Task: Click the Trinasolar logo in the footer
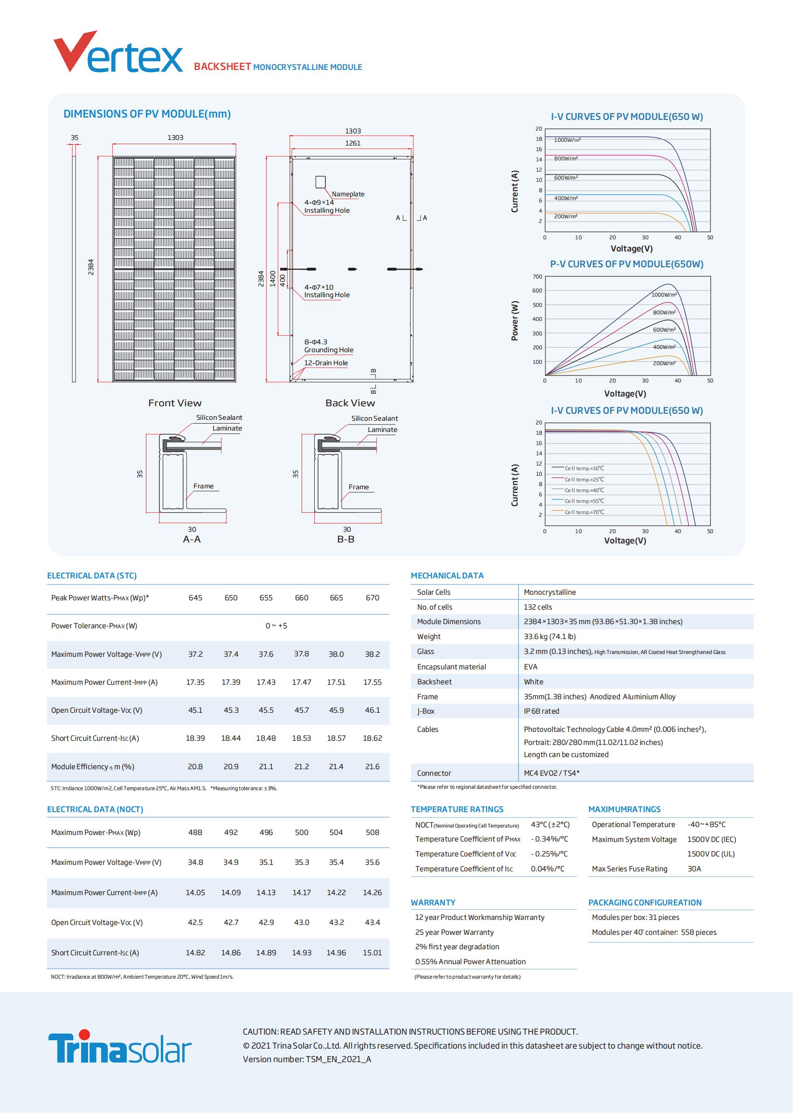coord(119,1048)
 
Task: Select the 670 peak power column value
coord(372,598)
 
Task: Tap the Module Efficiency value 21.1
coord(266,766)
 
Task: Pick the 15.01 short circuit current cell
coord(372,953)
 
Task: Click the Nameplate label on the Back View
coord(348,194)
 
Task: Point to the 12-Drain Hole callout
coord(326,363)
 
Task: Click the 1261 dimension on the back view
coord(352,143)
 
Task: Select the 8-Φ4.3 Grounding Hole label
coord(328,346)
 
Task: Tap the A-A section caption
coord(192,539)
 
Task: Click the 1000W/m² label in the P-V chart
coord(664,295)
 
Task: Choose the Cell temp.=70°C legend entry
coord(584,512)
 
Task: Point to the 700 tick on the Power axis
coord(537,277)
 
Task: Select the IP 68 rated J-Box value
coord(541,711)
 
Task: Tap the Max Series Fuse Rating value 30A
coord(694,869)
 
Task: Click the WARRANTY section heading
coord(433,903)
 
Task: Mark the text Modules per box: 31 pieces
coord(635,918)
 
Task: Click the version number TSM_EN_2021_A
coord(338,1059)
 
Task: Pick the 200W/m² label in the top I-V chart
coord(565,216)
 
